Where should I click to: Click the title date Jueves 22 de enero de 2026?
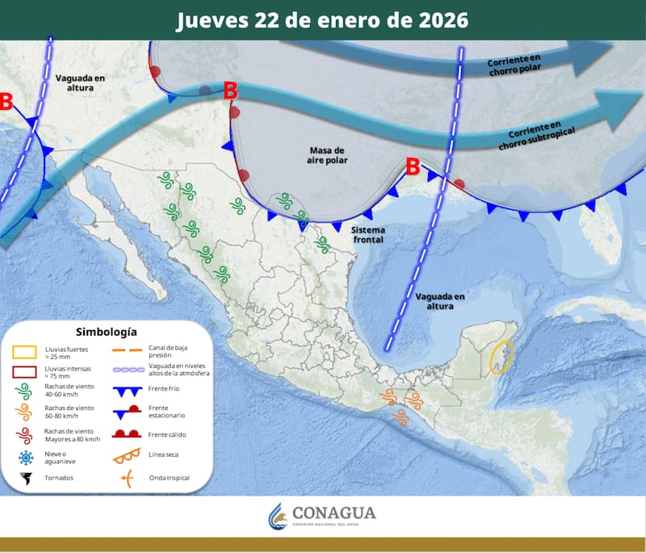(x=322, y=20)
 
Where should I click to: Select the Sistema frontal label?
(x=370, y=235)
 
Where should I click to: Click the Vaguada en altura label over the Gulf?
(x=440, y=301)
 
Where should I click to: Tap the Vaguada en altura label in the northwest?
(x=81, y=82)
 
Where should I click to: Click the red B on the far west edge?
(x=6, y=102)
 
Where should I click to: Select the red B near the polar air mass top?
(x=230, y=90)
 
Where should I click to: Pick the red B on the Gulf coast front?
(x=413, y=167)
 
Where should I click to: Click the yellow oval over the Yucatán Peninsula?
(x=501, y=357)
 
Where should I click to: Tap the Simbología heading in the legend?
(x=106, y=331)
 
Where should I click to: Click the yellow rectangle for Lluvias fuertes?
(x=25, y=352)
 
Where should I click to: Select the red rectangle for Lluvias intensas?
(x=25, y=373)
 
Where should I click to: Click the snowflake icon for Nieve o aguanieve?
(x=26, y=458)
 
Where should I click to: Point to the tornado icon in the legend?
(x=26, y=479)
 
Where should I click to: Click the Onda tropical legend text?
(x=170, y=478)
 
